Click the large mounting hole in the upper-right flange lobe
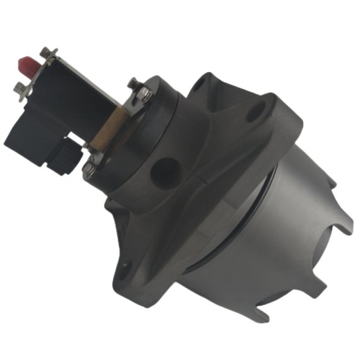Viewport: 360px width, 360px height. pyautogui.click(x=255, y=114)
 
